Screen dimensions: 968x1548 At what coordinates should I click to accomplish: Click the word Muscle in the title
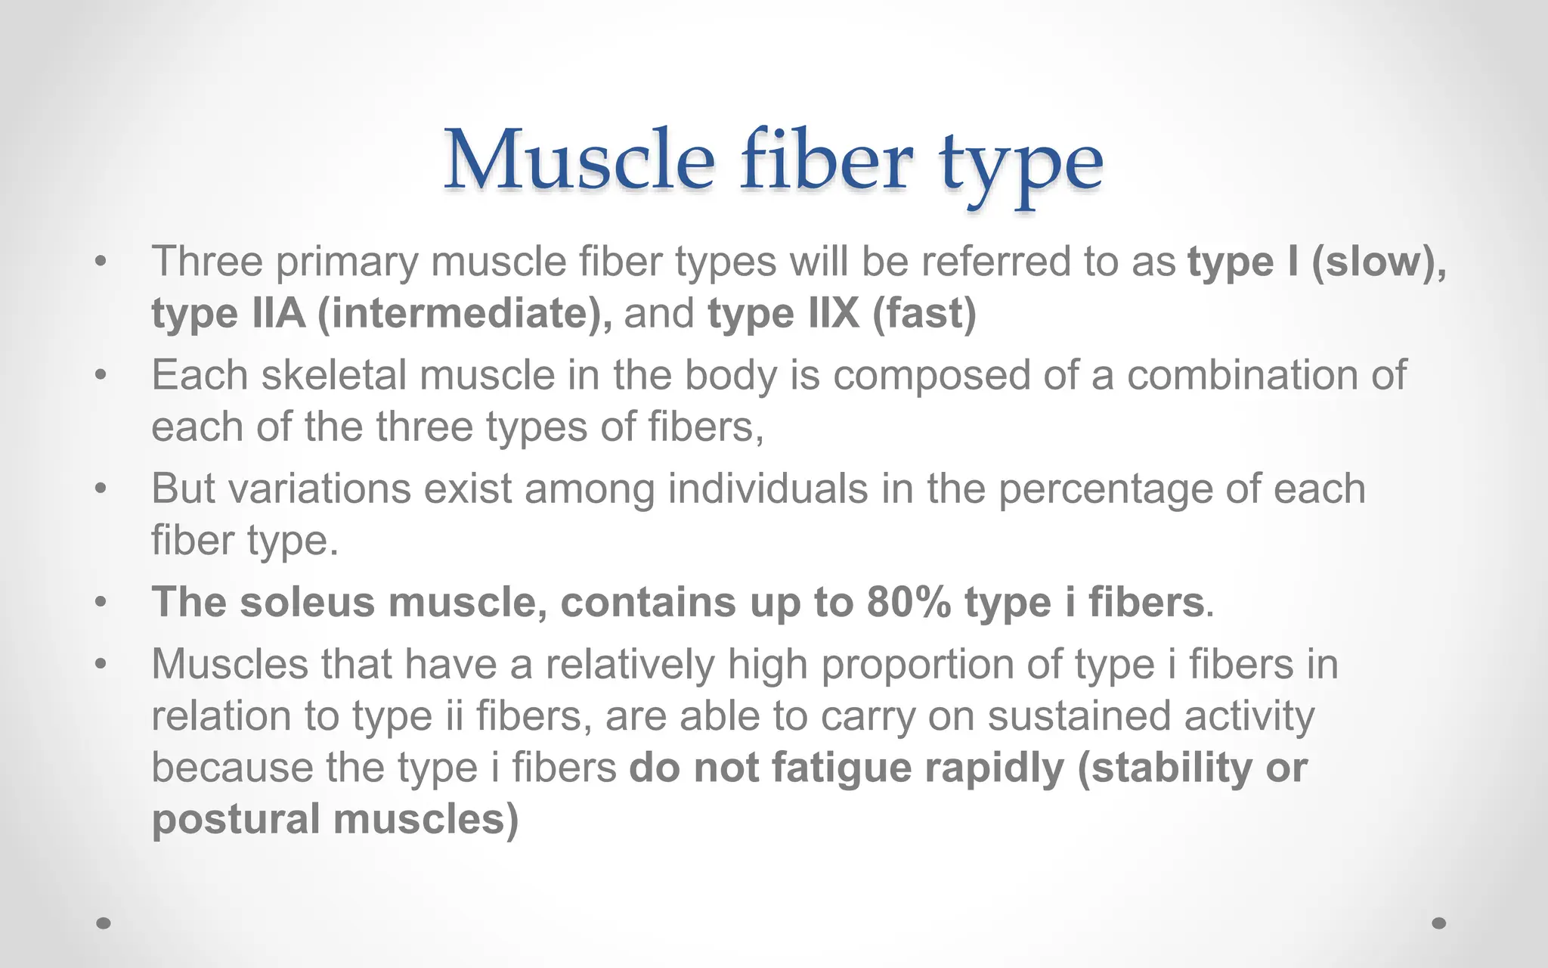(578, 160)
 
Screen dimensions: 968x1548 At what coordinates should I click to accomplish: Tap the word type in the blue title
(1020, 165)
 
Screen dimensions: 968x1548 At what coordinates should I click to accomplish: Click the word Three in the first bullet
(207, 262)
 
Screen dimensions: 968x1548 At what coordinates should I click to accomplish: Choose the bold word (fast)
(924, 313)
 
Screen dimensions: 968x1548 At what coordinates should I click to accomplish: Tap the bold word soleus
(307, 603)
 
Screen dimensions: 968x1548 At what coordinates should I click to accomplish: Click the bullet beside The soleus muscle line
(101, 603)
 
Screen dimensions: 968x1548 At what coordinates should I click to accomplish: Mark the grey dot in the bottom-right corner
(1439, 923)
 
